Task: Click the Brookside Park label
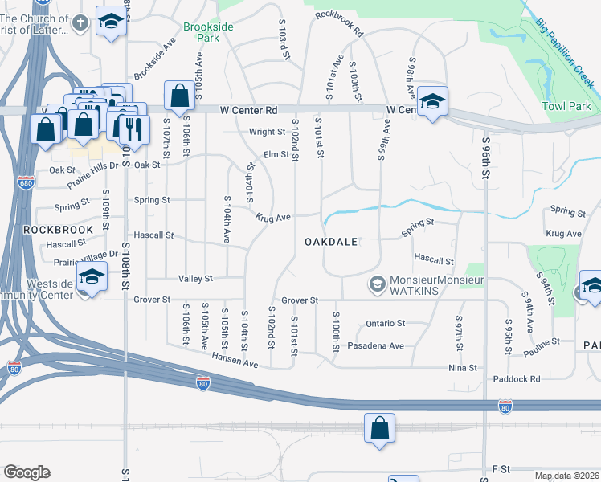(x=208, y=32)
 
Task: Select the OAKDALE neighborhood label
(x=330, y=242)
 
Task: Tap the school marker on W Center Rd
(x=432, y=102)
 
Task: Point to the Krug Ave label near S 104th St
(x=274, y=218)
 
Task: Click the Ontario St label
(x=386, y=323)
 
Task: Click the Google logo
(x=27, y=472)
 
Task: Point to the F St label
(x=501, y=468)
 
